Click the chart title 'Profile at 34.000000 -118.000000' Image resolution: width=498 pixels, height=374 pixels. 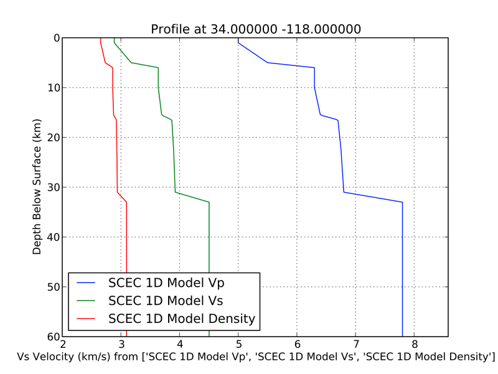[256, 29]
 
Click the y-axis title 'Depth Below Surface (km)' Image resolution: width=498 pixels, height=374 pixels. [37, 187]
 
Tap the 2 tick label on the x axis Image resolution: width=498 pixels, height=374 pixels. [63, 345]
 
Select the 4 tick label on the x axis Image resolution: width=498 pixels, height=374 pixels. [180, 345]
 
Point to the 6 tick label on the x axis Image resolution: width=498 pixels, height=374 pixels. [297, 345]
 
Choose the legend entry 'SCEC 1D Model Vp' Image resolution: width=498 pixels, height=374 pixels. [166, 283]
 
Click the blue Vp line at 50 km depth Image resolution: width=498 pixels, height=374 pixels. [402, 287]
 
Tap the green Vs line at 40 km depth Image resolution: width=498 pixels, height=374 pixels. [209, 237]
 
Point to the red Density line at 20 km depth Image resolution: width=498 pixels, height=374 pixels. [116, 138]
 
